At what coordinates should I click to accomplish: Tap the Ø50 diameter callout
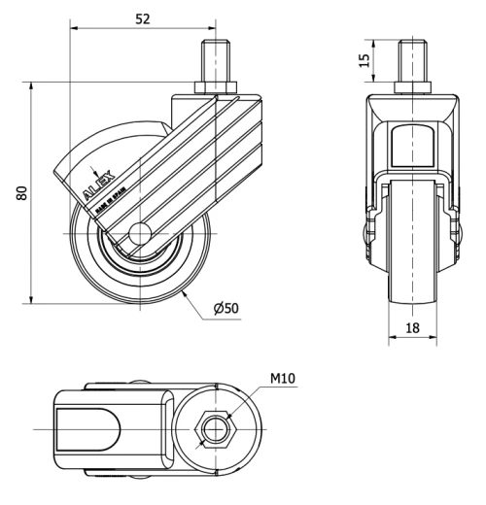point(226,309)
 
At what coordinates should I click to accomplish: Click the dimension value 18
point(412,329)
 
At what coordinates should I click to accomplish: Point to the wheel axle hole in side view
point(139,233)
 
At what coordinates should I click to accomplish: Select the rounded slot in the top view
point(86,428)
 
